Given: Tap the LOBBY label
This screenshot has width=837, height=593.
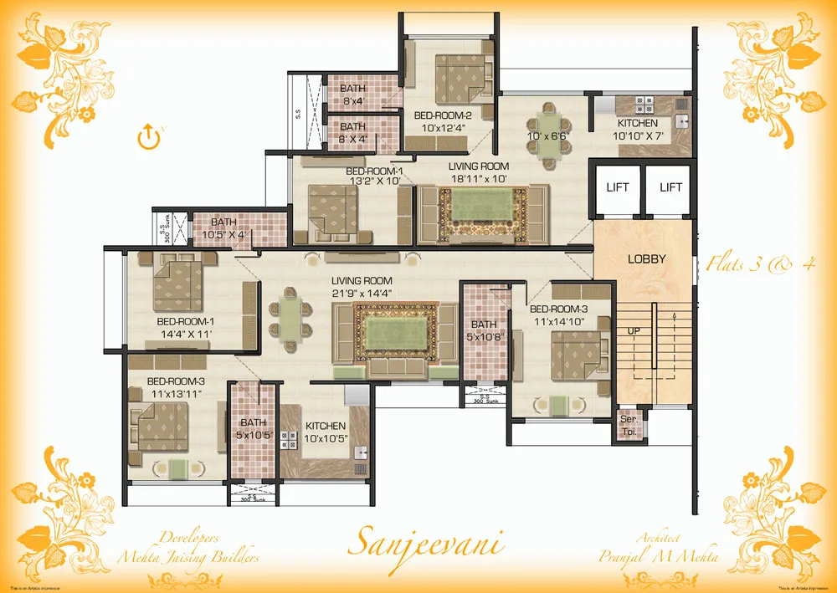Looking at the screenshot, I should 646,259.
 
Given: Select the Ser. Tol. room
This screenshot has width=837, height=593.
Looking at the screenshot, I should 627,426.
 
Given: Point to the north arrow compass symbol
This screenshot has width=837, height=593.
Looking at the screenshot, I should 148,135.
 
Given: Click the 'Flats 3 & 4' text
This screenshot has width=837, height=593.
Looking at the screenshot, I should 760,264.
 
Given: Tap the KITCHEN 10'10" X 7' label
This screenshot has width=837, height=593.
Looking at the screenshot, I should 638,130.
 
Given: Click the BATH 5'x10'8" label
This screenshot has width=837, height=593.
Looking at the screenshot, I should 484,330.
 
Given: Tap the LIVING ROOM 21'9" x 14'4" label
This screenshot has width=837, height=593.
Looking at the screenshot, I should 362,286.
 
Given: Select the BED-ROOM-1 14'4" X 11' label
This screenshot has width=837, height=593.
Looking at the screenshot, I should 185,327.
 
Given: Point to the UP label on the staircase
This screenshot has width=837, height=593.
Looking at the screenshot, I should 634,331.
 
